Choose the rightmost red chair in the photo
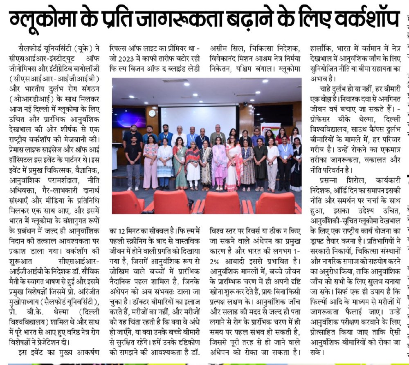click(x=281, y=203)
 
